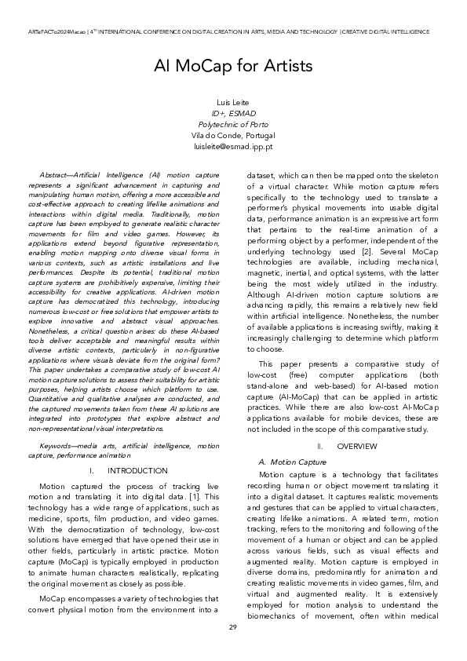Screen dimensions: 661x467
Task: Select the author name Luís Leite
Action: click(233, 104)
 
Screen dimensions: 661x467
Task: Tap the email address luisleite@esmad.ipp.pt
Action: click(233, 147)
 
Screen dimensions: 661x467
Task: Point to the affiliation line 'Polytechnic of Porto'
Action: click(233, 125)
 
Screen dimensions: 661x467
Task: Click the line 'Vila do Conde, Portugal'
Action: click(233, 136)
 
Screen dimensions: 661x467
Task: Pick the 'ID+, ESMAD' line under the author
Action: click(233, 115)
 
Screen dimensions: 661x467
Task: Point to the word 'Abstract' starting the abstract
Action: click(53, 172)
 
